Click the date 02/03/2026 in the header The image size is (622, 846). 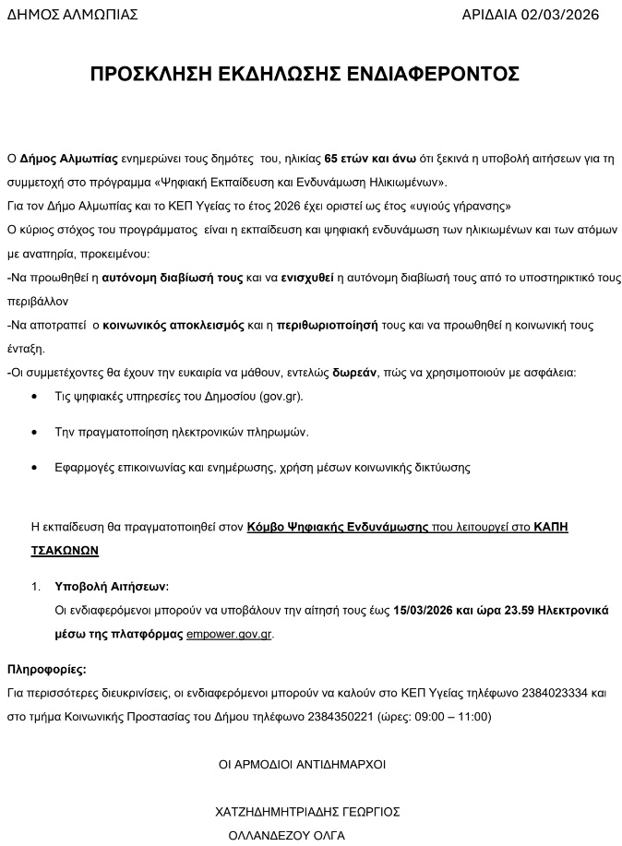coord(559,14)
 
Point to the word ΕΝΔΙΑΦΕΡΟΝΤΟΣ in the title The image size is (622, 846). coord(437,74)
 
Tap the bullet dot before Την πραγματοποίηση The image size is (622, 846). coord(34,432)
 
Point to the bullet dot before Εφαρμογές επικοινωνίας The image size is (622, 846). coord(34,468)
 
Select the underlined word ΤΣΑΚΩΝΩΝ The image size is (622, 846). coord(65,550)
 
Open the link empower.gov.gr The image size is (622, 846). coord(229,635)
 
